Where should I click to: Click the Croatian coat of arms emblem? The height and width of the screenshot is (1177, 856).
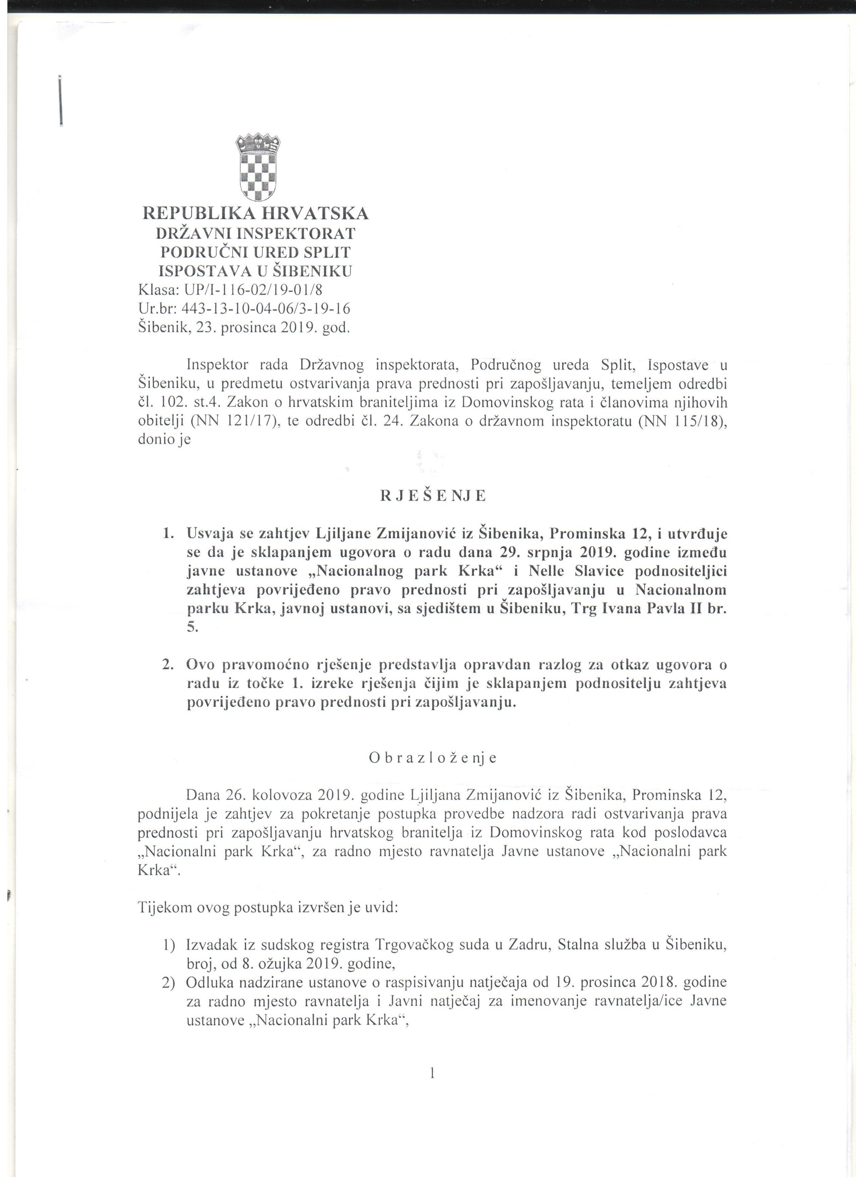[257, 168]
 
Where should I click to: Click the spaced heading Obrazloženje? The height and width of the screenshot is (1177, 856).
[433, 758]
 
